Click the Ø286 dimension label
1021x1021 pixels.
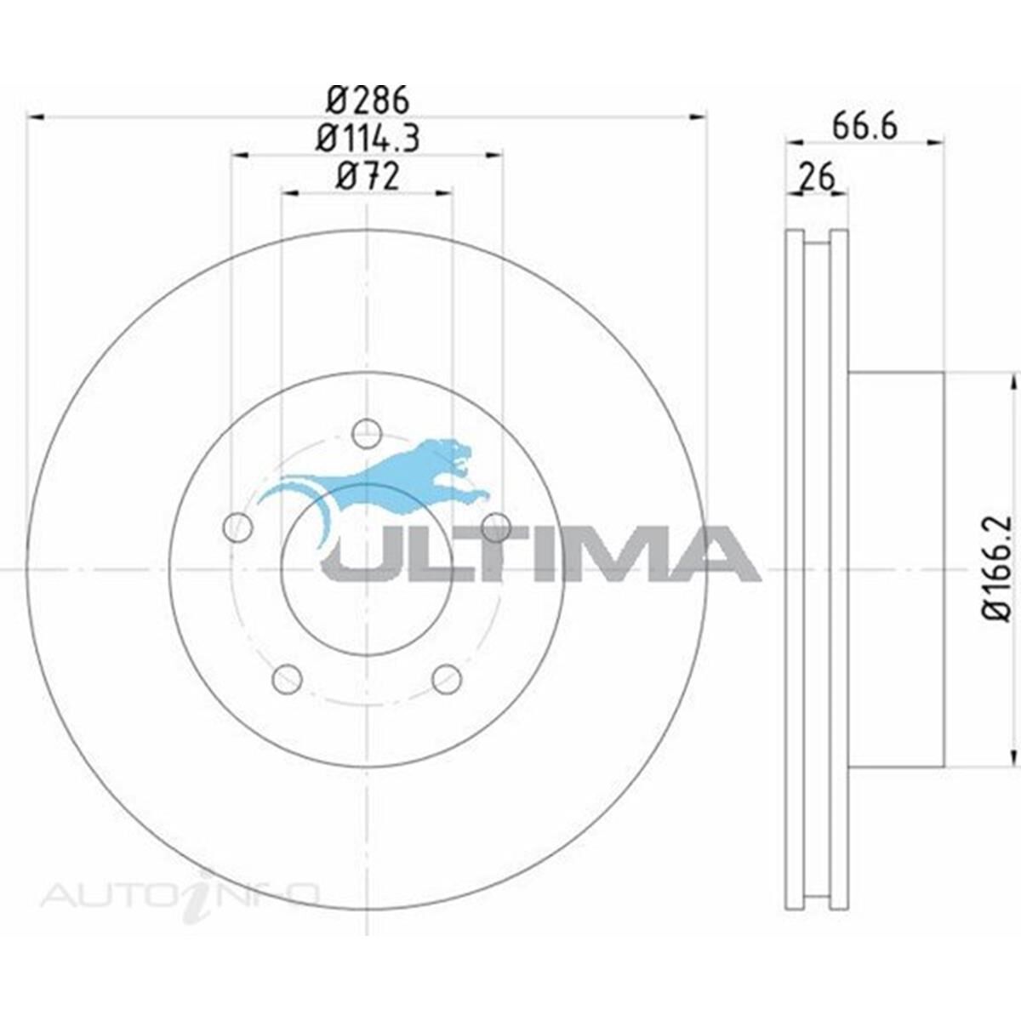(x=368, y=100)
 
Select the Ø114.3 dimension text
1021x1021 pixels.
(x=368, y=138)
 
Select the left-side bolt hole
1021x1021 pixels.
(x=237, y=528)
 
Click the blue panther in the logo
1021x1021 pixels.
(x=400, y=481)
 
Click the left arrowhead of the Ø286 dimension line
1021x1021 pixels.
(x=36, y=117)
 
